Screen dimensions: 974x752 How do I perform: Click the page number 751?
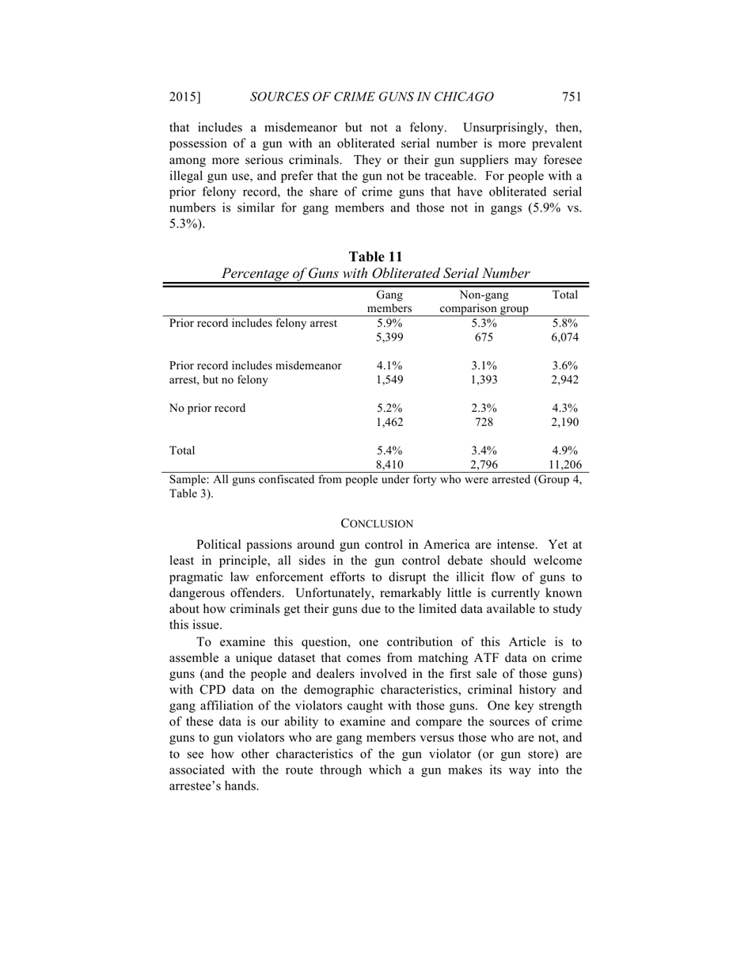click(x=572, y=97)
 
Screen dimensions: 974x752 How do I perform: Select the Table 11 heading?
click(x=376, y=257)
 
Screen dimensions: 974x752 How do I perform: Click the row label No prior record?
click(x=207, y=409)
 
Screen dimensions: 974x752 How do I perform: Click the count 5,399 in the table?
click(x=389, y=337)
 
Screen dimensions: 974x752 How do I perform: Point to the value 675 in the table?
click(x=484, y=337)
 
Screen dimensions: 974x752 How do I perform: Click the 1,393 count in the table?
click(x=484, y=380)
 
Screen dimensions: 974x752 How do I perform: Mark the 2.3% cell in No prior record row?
click(x=484, y=409)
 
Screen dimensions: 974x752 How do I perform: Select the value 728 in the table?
click(x=484, y=423)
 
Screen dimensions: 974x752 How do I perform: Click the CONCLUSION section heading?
click(x=376, y=523)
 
